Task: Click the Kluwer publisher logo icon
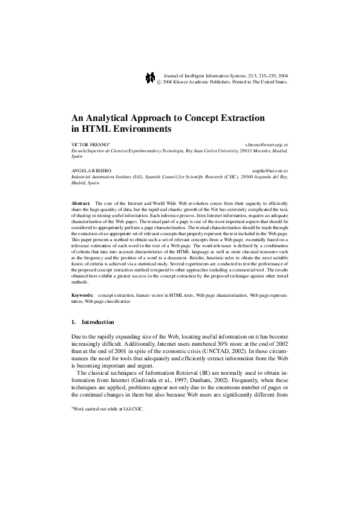point(151,79)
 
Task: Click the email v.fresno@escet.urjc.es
point(266,146)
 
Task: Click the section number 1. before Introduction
point(74,322)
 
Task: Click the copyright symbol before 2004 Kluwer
point(159,82)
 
